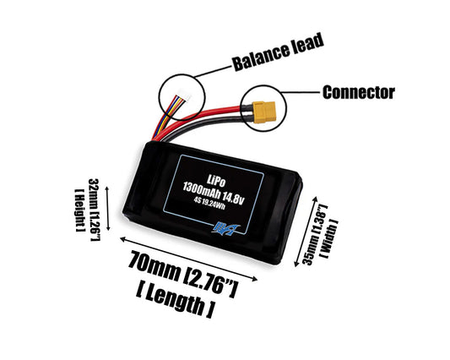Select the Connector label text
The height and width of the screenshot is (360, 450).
click(358, 91)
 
